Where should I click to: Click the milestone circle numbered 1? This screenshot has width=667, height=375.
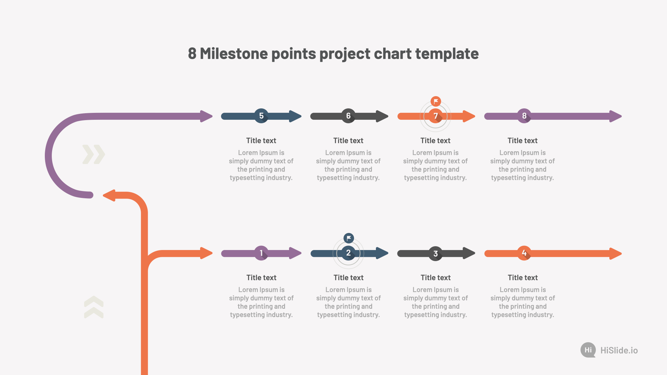(261, 253)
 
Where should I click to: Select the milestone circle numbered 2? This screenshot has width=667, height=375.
(348, 253)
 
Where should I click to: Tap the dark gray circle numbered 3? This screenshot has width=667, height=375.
(436, 253)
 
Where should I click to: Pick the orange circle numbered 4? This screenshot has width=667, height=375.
(524, 253)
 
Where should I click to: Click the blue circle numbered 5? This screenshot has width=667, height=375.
(261, 116)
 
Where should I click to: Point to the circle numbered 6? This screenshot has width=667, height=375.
(348, 116)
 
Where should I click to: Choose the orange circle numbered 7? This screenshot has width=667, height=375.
(436, 116)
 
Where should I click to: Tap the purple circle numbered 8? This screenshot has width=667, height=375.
(524, 116)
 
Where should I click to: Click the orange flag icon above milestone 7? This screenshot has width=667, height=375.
(436, 101)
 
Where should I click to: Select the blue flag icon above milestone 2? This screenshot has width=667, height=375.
(348, 238)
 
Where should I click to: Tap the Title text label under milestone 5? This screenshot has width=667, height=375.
(261, 141)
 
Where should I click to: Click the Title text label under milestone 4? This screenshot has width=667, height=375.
(523, 278)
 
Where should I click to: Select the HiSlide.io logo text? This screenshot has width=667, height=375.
(619, 350)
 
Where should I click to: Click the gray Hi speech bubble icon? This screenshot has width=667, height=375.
(588, 350)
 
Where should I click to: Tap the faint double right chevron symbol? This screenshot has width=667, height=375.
(94, 155)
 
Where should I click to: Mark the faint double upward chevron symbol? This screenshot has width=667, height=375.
(94, 307)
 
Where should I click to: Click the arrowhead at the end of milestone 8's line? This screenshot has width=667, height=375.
(616, 116)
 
